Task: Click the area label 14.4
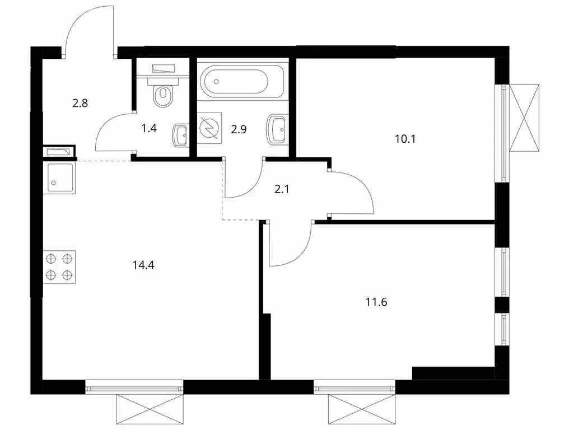tap(144, 264)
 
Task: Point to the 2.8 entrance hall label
tap(80, 103)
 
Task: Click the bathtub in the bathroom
tap(242, 82)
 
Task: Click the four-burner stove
tap(59, 267)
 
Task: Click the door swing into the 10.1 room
tap(353, 193)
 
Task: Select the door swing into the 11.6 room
tap(290, 244)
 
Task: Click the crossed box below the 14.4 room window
tap(150, 410)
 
